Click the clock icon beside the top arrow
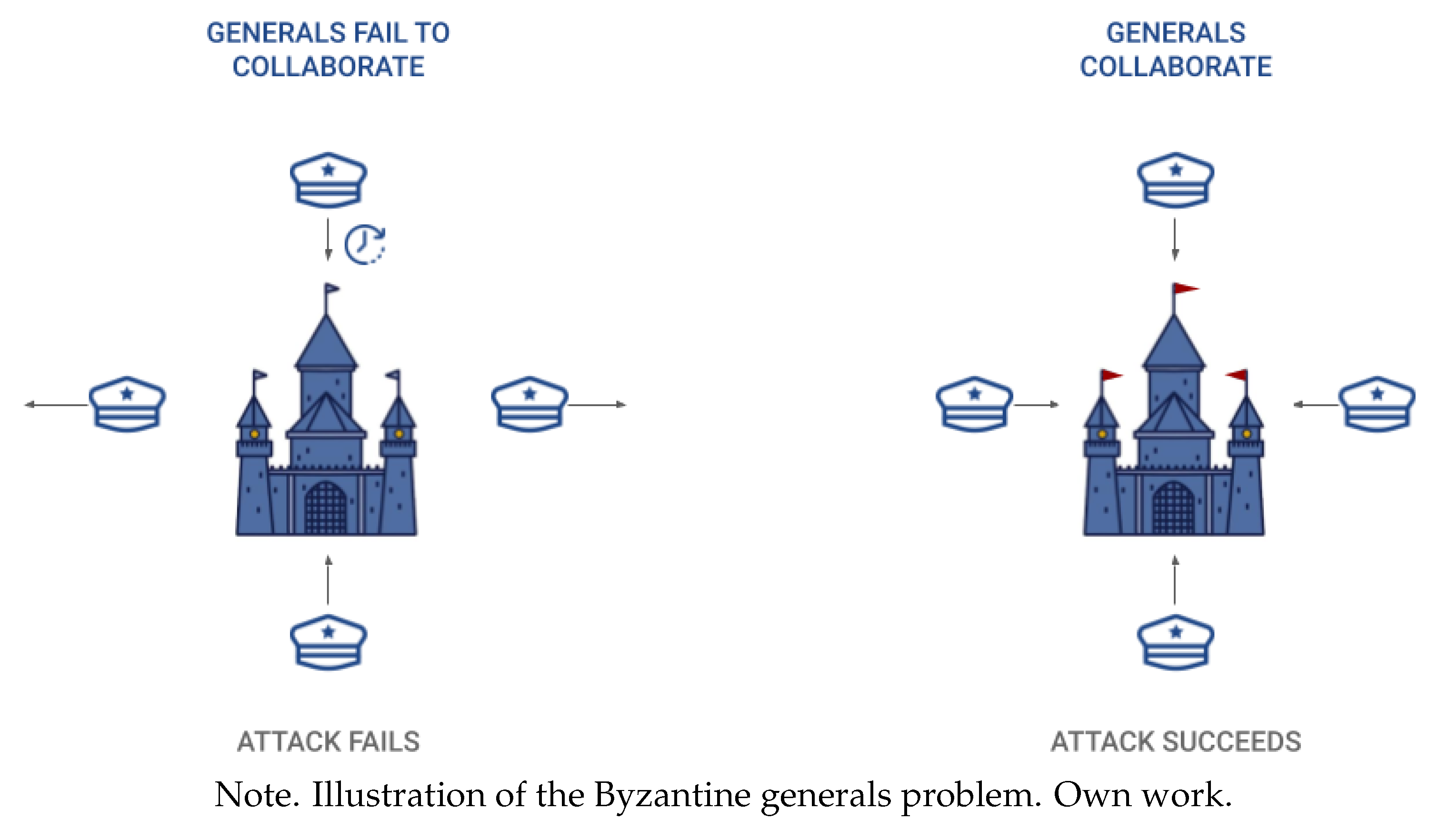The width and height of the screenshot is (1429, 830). click(365, 244)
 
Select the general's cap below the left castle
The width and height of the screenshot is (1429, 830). click(329, 642)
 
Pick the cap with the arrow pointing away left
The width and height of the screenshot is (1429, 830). click(128, 404)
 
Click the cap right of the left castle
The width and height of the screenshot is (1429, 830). click(530, 404)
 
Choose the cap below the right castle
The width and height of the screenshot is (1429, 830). click(1176, 642)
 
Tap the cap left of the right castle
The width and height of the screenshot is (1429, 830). click(974, 404)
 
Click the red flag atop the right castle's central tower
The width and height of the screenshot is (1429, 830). click(1185, 289)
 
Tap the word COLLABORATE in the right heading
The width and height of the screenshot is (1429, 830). click(1176, 67)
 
